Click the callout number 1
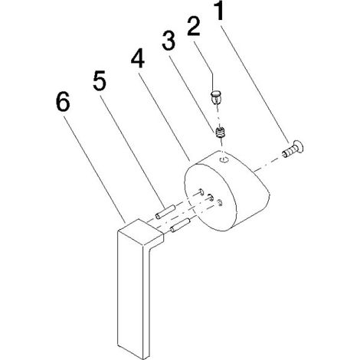click(x=219, y=11)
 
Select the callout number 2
click(x=194, y=26)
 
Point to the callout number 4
click(x=138, y=58)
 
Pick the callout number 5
click(x=100, y=81)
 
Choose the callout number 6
click(x=63, y=101)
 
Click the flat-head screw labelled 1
click(x=293, y=149)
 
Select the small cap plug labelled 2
click(x=216, y=96)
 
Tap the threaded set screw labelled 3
click(x=220, y=133)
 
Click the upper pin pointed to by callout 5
click(x=165, y=211)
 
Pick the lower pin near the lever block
click(x=180, y=225)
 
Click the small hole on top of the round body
click(x=224, y=160)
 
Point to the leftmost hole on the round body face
click(x=201, y=191)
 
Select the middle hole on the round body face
click(x=211, y=197)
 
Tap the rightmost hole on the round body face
click(x=220, y=203)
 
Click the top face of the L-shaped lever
click(x=141, y=231)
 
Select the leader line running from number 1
click(x=255, y=84)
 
